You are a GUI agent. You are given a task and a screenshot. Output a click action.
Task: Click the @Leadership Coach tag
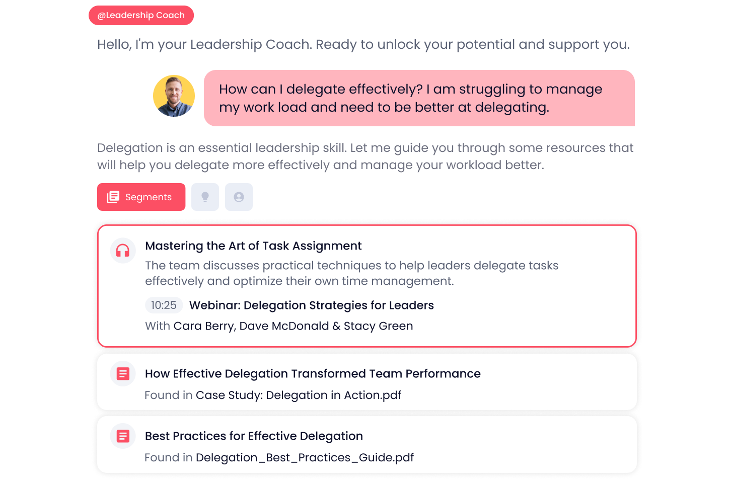click(x=141, y=15)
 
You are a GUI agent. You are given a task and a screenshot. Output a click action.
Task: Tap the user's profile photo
click(x=174, y=96)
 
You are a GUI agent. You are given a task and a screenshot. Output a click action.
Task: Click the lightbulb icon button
click(x=205, y=197)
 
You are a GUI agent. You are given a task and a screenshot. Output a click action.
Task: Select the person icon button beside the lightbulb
click(x=239, y=197)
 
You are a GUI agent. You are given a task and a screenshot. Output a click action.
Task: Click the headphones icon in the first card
click(x=123, y=251)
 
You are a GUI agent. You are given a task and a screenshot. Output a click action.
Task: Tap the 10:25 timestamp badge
click(x=164, y=305)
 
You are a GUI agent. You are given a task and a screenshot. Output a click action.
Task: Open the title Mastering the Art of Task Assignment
click(x=253, y=246)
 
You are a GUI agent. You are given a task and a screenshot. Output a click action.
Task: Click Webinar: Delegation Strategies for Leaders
click(x=312, y=305)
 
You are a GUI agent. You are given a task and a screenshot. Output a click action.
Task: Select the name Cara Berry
click(x=203, y=326)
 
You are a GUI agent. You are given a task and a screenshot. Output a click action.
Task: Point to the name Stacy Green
click(x=378, y=326)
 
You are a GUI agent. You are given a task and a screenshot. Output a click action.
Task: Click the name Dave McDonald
click(x=284, y=326)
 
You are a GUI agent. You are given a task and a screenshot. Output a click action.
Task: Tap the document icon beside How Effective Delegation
click(x=123, y=373)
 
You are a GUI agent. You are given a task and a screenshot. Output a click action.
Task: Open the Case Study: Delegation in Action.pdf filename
click(x=299, y=395)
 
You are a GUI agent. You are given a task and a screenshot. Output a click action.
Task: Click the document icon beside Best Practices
click(x=123, y=436)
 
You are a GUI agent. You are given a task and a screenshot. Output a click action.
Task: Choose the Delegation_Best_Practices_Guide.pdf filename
click(x=305, y=458)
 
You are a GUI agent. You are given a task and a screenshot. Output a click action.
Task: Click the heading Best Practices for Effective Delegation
click(x=254, y=436)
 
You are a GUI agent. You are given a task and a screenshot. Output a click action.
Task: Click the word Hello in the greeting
click(x=114, y=44)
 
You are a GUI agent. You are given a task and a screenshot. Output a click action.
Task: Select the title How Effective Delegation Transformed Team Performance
click(x=313, y=374)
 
